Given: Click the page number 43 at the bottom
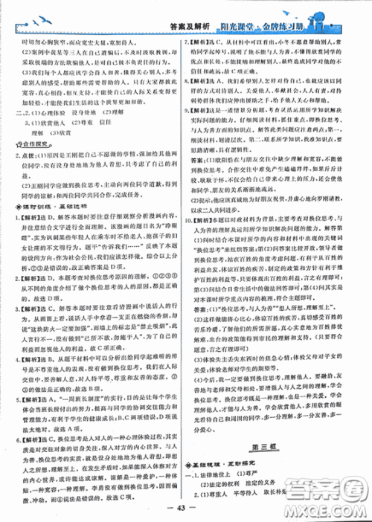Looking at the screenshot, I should tap(185, 508).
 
